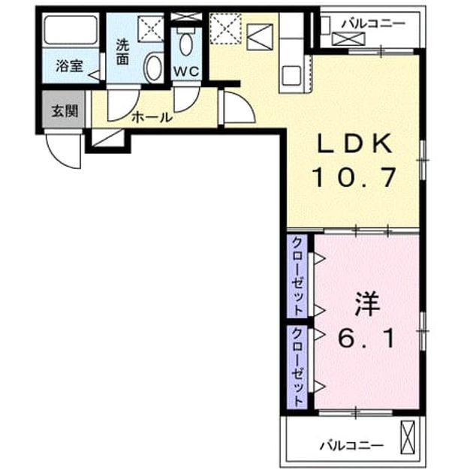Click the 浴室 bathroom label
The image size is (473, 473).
(69, 66)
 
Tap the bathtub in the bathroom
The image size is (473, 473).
(71, 29)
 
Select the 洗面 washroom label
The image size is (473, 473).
(123, 53)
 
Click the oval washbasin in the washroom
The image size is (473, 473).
(154, 67)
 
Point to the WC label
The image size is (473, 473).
(186, 71)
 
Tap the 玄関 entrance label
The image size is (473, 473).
(65, 111)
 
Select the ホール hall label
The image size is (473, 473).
(152, 117)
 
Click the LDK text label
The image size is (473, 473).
(354, 143)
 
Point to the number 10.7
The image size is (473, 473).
(354, 178)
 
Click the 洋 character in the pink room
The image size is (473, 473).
(367, 304)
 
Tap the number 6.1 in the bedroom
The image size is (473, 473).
(366, 338)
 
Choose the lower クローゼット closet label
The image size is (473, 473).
(298, 366)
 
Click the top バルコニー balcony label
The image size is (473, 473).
(373, 23)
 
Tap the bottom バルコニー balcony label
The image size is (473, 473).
(351, 445)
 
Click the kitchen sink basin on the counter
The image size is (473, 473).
(291, 75)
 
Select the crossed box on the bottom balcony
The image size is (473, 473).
(407, 437)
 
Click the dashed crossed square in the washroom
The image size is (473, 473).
(150, 29)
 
